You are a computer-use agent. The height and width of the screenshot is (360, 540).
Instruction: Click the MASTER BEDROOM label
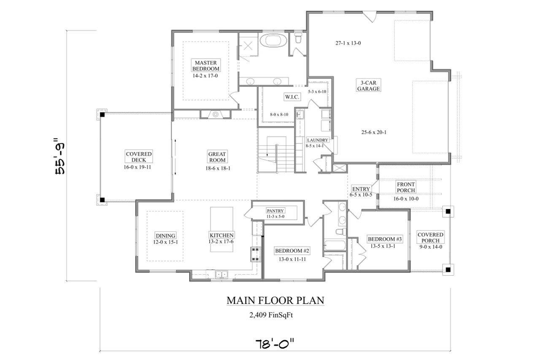pos(206,65)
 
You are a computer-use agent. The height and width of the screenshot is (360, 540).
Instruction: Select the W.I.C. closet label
pos(292,97)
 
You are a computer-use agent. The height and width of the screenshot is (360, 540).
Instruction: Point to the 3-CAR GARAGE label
pos(368,86)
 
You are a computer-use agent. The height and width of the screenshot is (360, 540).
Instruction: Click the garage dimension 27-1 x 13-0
pos(348,43)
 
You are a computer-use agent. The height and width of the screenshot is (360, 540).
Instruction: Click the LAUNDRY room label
pos(317,140)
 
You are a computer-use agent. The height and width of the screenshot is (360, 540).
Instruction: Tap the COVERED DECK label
pos(138,157)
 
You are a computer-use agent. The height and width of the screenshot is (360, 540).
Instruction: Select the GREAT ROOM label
pos(217,157)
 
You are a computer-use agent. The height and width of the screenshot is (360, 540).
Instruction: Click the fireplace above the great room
pos(215,114)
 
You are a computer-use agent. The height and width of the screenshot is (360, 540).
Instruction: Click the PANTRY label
pos(275,210)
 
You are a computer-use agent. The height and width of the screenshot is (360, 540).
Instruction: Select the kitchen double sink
pos(221,274)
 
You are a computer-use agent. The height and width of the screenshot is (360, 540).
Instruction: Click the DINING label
pos(165,235)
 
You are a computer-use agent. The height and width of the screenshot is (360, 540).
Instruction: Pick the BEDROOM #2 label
pos(292,251)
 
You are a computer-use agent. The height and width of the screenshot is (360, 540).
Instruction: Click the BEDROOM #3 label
pos(385,239)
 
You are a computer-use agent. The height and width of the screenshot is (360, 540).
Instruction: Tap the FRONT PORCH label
pos(406,187)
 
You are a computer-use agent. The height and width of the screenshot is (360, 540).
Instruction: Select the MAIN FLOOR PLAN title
pos(275,300)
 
